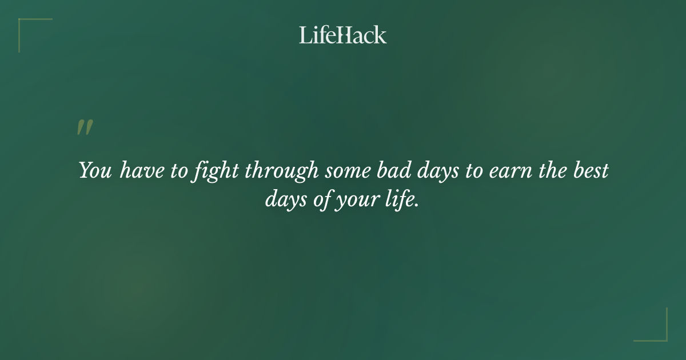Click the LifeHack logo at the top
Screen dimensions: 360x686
(x=343, y=35)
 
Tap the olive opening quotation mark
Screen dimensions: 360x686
(x=85, y=127)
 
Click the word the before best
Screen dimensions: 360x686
(x=551, y=171)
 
